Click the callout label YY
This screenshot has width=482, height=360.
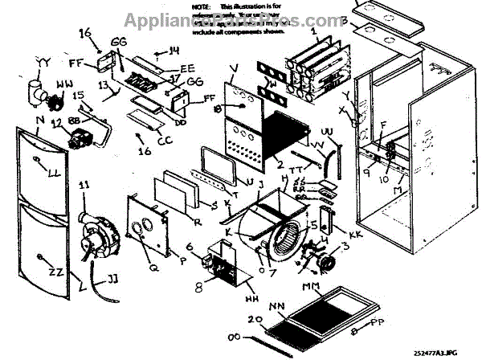point(44,59)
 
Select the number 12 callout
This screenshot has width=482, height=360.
point(55,122)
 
